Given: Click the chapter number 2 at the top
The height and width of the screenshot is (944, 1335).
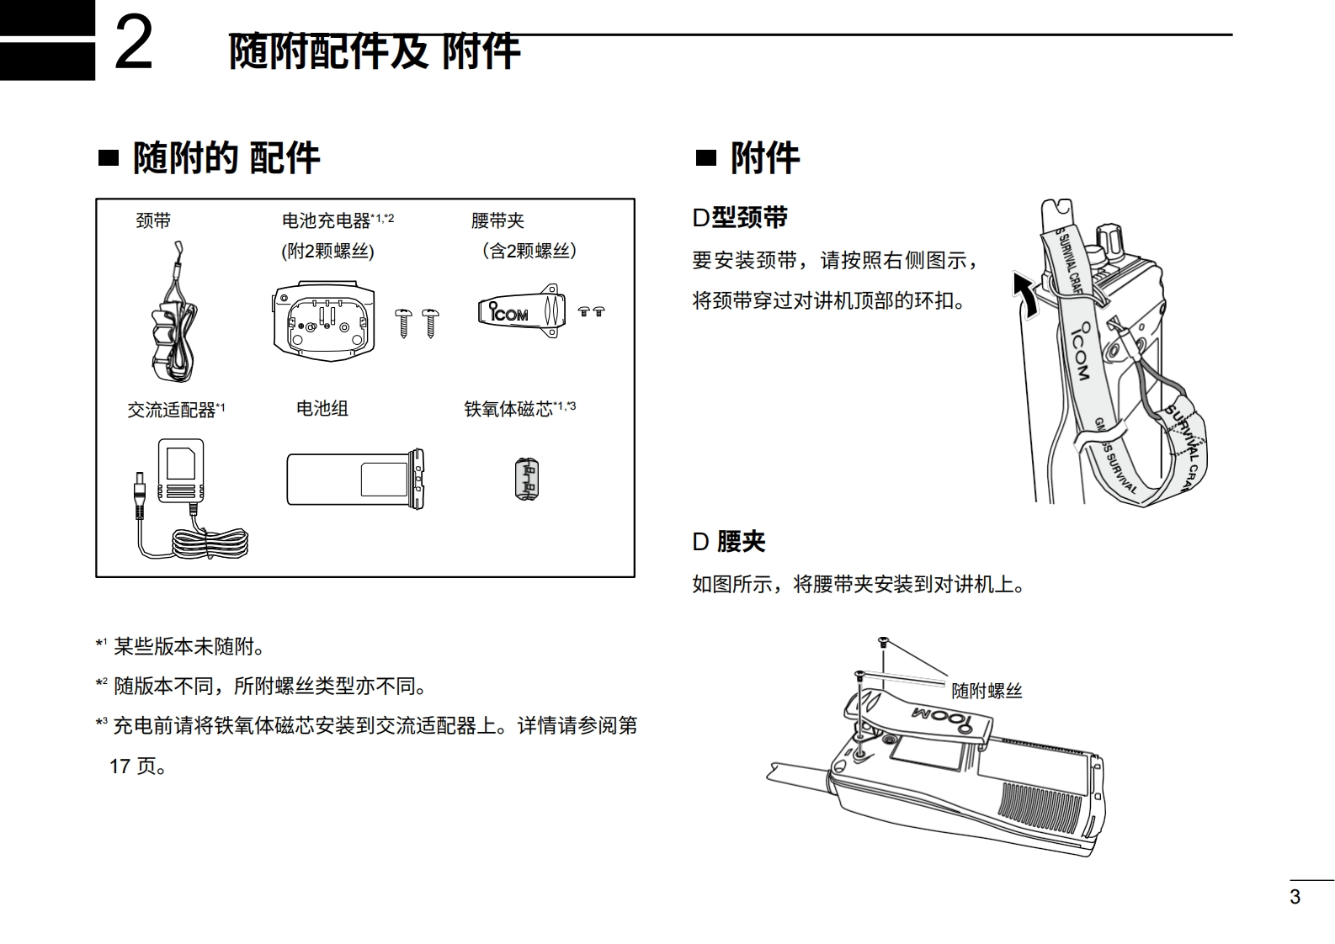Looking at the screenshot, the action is click(134, 44).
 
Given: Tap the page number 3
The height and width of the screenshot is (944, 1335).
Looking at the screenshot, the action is click(1295, 897).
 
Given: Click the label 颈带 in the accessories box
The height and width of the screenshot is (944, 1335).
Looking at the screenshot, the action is click(153, 221).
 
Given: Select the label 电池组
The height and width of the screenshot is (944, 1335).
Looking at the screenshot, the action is click(322, 409).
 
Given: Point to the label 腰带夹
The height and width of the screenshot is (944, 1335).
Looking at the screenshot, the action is click(497, 221).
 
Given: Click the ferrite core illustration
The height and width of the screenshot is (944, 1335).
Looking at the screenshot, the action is click(526, 480).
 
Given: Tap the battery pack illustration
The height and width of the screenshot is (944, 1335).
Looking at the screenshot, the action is click(354, 479).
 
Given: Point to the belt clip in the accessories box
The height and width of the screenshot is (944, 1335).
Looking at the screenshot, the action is click(519, 311).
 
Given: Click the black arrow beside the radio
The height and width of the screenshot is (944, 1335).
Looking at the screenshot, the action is click(1025, 294).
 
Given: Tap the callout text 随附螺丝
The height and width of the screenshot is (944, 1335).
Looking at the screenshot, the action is click(987, 692).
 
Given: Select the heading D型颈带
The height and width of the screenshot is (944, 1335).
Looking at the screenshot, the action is click(740, 218).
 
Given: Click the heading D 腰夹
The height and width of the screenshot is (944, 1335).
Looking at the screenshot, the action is click(729, 542).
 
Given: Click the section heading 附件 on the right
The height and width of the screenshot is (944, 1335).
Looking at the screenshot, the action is click(764, 158).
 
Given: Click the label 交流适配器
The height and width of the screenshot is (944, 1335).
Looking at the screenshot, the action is click(172, 410).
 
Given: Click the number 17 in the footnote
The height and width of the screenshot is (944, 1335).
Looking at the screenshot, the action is click(120, 766).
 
